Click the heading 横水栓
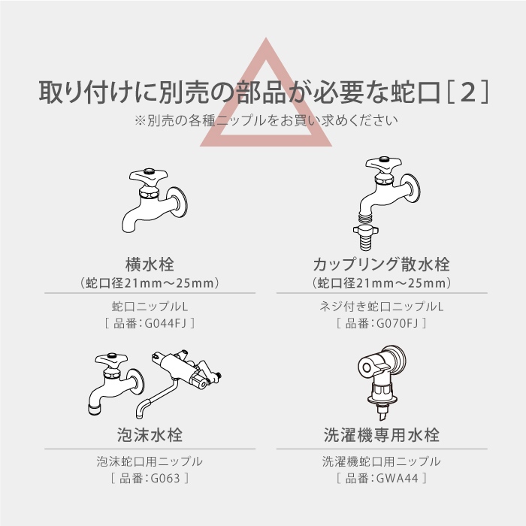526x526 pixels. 150,265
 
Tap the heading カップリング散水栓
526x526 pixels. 382,265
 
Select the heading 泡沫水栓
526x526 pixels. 150,435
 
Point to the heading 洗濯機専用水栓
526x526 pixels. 382,435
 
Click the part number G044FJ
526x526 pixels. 165,323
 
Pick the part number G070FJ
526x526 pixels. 398,323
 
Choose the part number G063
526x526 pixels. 165,478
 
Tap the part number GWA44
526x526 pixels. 398,478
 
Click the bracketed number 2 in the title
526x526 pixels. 468,92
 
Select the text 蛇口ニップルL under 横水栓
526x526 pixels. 150,307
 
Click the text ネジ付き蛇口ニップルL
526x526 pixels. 382,307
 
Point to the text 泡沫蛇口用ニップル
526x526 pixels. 150,461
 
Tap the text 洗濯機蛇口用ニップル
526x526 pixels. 382,461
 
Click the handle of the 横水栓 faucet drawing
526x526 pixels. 149,176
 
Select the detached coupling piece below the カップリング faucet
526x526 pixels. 366,237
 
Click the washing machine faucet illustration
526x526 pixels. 381,382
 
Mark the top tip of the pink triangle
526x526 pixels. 266,38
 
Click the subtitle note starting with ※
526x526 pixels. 266,120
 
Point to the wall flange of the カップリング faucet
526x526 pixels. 413,189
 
